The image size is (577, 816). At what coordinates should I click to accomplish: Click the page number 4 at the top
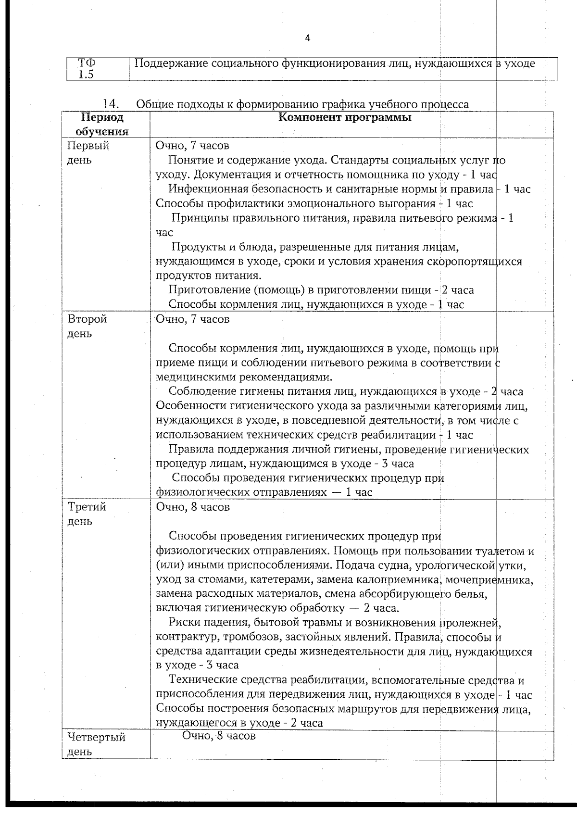tap(308, 38)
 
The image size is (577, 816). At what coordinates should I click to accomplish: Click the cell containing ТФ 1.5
tap(87, 69)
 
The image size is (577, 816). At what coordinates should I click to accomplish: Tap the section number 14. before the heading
tap(111, 104)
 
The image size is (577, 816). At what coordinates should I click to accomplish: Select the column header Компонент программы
tap(345, 118)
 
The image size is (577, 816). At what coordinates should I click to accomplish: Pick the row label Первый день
tap(88, 152)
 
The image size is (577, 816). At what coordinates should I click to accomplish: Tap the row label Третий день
tap(87, 514)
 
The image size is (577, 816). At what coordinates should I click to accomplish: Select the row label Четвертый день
tap(96, 744)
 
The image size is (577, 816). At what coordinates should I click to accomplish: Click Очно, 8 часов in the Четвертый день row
tap(219, 736)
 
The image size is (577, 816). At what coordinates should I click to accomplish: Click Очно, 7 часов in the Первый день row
tap(193, 146)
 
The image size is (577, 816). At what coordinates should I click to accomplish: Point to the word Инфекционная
tap(206, 189)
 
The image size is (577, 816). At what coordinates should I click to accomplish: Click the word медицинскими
tap(193, 377)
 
